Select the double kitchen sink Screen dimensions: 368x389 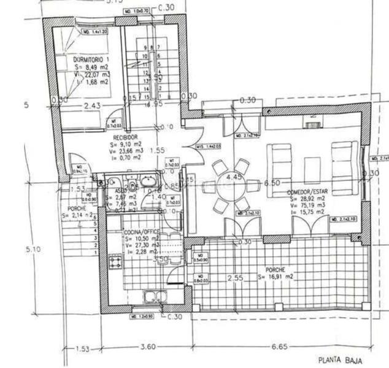click(x=153, y=297)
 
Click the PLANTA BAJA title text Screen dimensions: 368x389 click(x=339, y=361)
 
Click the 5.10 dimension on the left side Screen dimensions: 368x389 click(x=34, y=250)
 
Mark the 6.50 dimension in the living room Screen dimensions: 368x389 click(x=271, y=183)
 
